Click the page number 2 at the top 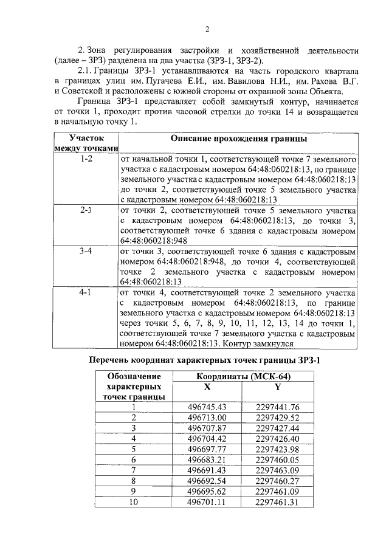coord(207,29)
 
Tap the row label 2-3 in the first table coord(86,210)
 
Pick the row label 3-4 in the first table coord(86,250)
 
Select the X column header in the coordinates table coord(207,387)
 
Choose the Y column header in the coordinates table coord(278,387)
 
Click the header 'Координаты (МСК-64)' coord(242,376)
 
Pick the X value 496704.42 coord(207,438)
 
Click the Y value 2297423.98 coord(278,449)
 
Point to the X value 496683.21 coord(207,459)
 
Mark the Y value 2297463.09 coord(278,470)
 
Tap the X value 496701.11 coord(207,502)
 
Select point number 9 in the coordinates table coord(133,491)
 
